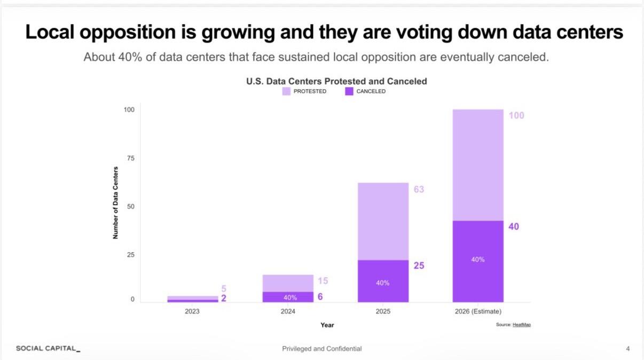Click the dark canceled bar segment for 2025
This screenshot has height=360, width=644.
pyautogui.click(x=383, y=281)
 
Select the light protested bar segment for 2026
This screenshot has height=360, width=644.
pyautogui.click(x=478, y=165)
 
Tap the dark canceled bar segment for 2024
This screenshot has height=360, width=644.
pyautogui.click(x=288, y=297)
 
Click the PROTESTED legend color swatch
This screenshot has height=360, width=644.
pyautogui.click(x=287, y=91)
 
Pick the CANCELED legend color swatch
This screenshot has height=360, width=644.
pyautogui.click(x=349, y=91)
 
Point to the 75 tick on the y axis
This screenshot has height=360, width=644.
pyautogui.click(x=129, y=158)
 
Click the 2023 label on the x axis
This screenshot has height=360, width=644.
pyautogui.click(x=192, y=311)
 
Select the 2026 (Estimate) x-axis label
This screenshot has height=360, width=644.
pyautogui.click(x=478, y=311)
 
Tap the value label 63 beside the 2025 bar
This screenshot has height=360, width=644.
pyautogui.click(x=419, y=190)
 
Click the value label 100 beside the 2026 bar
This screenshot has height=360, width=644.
pyautogui.click(x=516, y=115)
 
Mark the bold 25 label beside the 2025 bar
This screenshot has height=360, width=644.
pyautogui.click(x=419, y=265)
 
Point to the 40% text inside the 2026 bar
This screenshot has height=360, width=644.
pyautogui.click(x=478, y=260)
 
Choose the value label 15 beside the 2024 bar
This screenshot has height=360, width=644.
pyautogui.click(x=323, y=281)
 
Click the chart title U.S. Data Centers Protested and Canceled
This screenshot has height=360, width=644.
pyautogui.click(x=336, y=81)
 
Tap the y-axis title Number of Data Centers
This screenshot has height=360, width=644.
pyautogui.click(x=115, y=202)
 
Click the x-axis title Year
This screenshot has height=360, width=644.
pyautogui.click(x=327, y=325)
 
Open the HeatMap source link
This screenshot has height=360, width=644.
pyautogui.click(x=522, y=325)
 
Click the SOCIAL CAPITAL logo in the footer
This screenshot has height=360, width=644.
pyautogui.click(x=48, y=349)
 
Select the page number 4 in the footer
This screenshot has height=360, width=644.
pyautogui.click(x=628, y=349)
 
